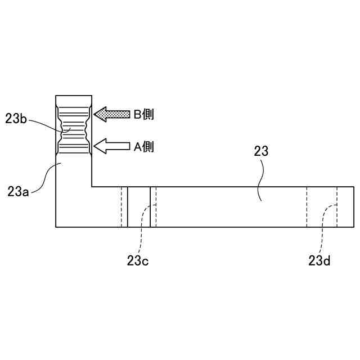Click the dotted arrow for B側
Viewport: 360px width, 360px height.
click(x=112, y=114)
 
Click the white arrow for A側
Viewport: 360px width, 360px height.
click(x=112, y=146)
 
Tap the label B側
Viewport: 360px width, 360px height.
click(x=144, y=114)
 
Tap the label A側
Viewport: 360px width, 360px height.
click(x=144, y=146)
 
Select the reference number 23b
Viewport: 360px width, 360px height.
click(x=16, y=119)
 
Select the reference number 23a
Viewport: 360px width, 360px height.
click(x=18, y=191)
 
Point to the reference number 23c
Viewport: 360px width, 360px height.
click(x=138, y=260)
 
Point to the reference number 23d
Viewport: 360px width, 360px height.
click(x=319, y=260)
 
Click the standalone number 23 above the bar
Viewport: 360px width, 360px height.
click(x=261, y=151)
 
